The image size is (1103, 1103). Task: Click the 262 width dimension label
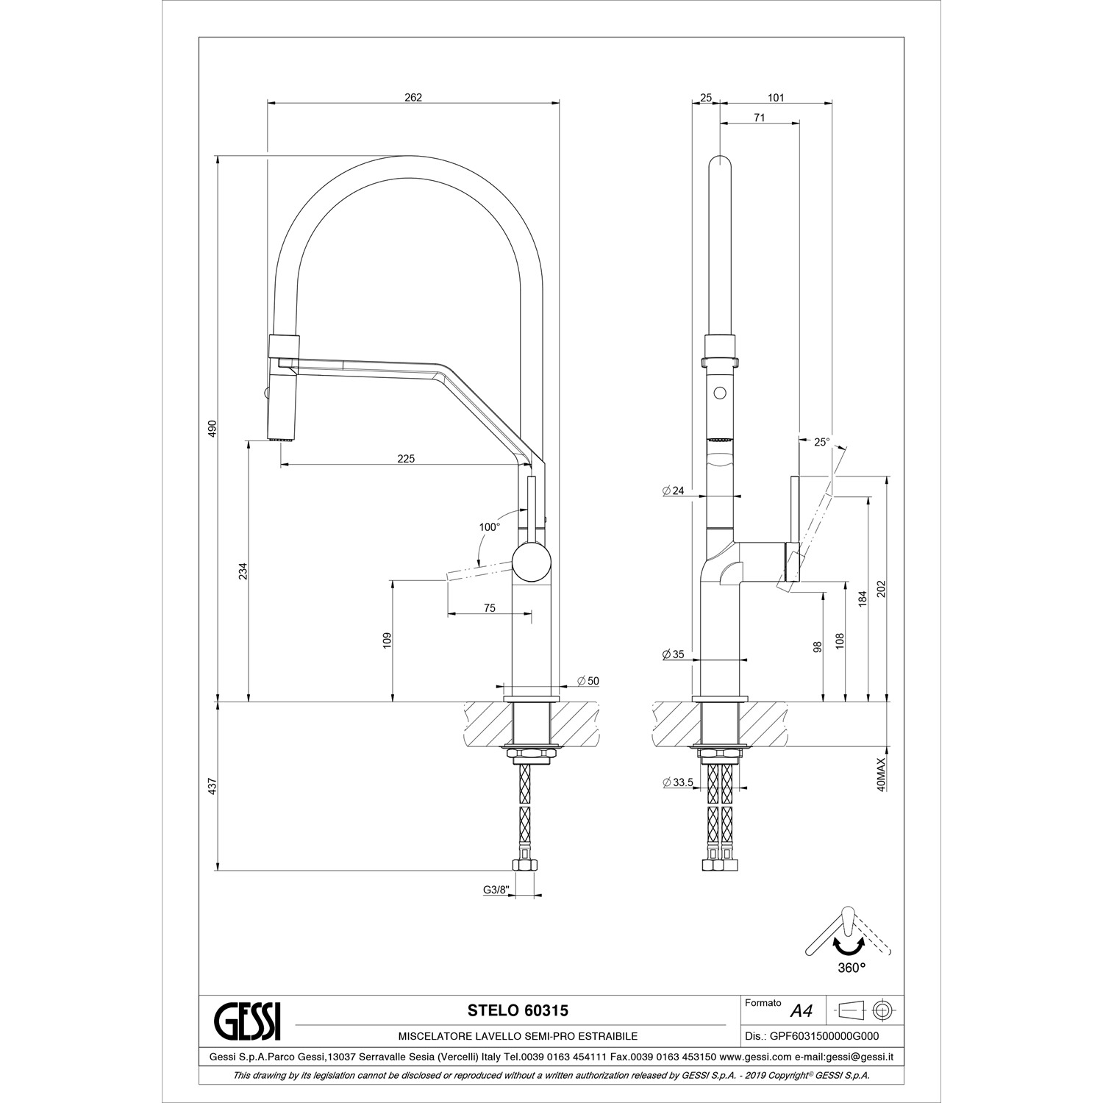(413, 98)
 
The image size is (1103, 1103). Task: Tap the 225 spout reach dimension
(406, 459)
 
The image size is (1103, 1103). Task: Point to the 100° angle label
(489, 526)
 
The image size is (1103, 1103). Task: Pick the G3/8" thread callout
(496, 890)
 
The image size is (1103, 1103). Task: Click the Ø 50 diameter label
(588, 681)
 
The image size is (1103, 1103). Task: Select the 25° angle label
(821, 442)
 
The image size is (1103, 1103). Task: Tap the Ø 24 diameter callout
(673, 490)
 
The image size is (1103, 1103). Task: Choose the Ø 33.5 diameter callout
(678, 782)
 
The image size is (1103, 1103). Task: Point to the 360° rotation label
(852, 968)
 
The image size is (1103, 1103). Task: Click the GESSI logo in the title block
(246, 1021)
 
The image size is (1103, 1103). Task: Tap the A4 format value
(801, 1011)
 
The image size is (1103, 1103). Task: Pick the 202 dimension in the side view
(882, 589)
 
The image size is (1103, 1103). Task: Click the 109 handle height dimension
(387, 640)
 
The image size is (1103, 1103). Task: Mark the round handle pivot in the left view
(532, 563)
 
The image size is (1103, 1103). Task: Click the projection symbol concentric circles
(881, 1010)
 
